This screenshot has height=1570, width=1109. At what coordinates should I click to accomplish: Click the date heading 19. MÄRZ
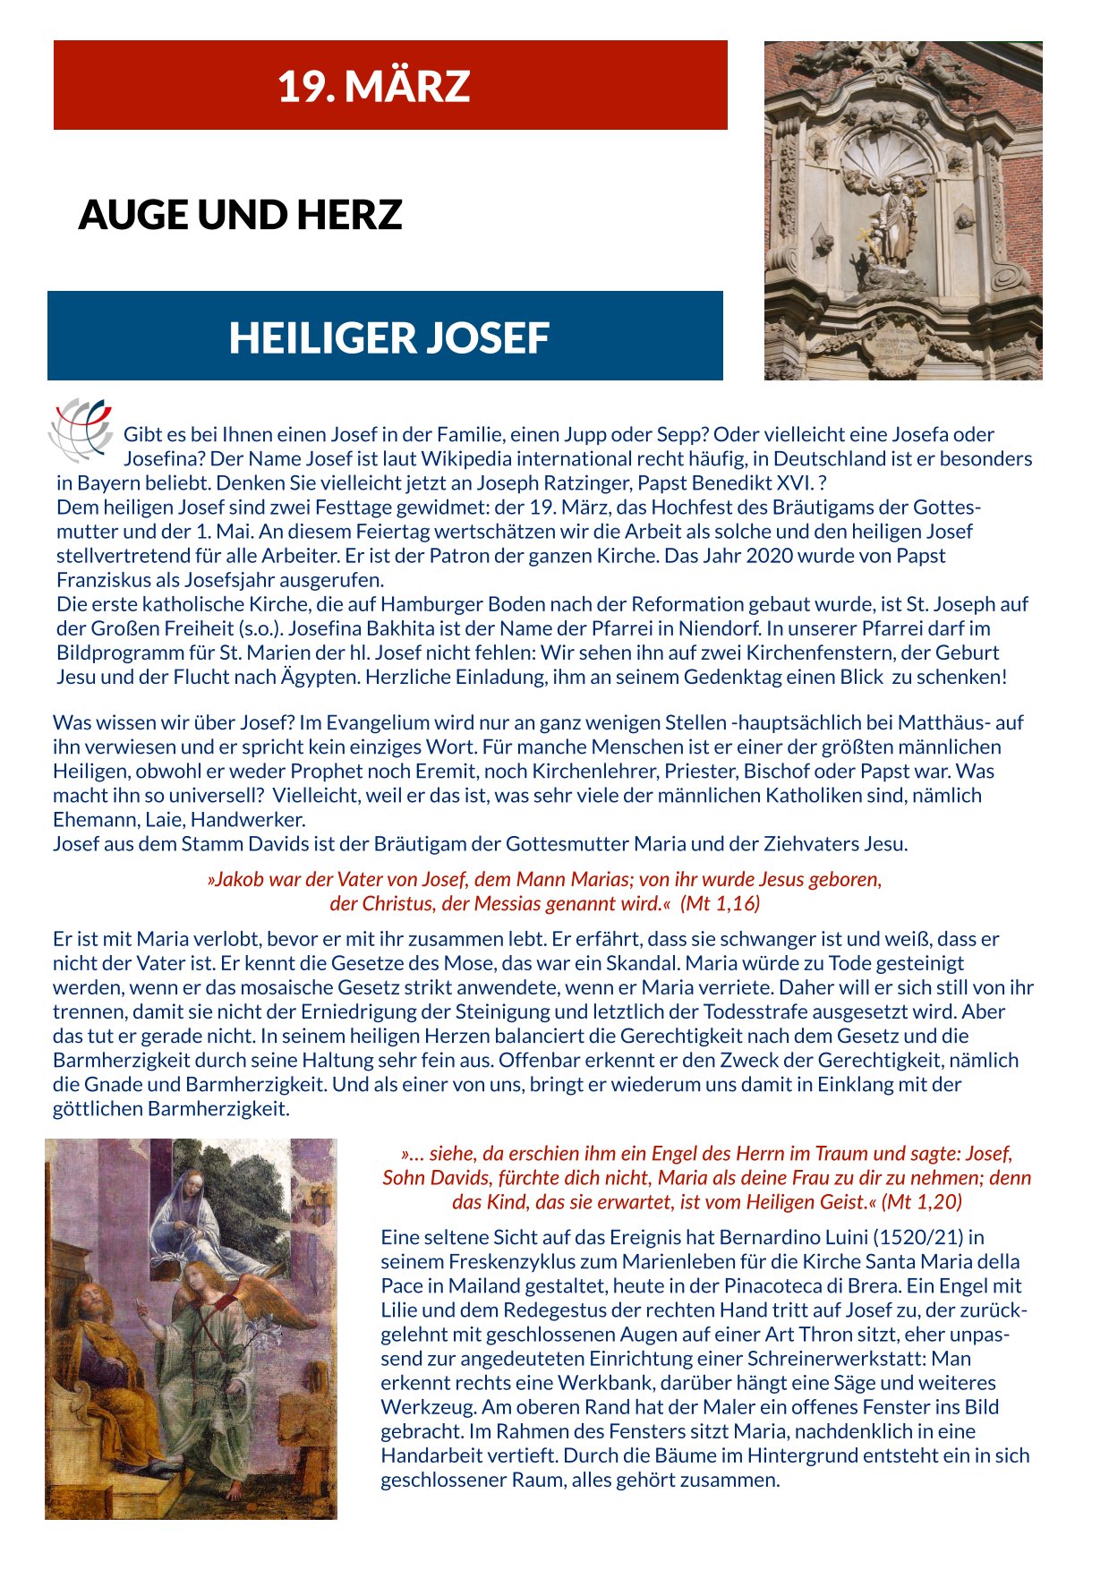373,86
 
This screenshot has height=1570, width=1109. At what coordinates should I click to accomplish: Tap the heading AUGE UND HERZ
240,215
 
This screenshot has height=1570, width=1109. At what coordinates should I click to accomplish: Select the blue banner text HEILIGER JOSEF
388,337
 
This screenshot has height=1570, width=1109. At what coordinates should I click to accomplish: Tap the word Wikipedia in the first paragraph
462,459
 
